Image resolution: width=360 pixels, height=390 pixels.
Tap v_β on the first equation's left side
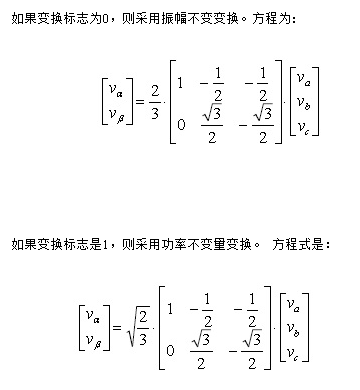point(110,117)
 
